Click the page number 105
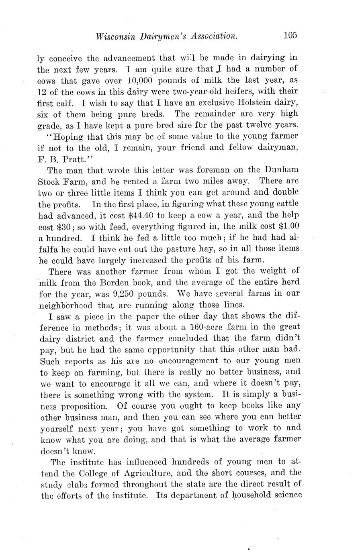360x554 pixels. point(290,35)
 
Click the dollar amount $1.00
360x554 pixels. point(288,226)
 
